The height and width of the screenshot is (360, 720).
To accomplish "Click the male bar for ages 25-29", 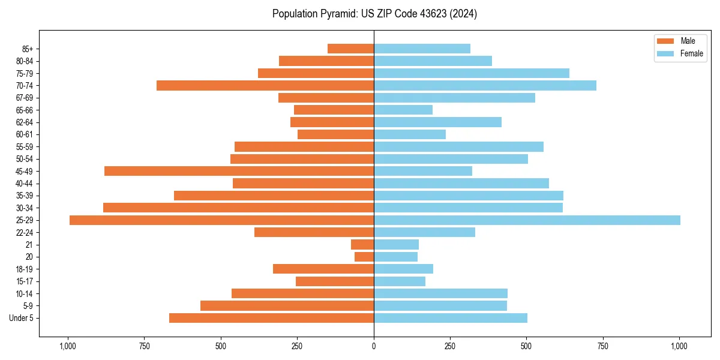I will tap(221, 220).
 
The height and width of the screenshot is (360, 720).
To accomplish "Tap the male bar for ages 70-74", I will tap(265, 86).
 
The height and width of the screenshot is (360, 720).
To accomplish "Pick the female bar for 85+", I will tap(422, 49).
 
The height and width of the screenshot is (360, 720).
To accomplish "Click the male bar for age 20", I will tap(364, 257).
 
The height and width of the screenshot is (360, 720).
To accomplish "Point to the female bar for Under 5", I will tap(451, 318).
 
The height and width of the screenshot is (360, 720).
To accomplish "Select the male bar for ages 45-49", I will tap(239, 171).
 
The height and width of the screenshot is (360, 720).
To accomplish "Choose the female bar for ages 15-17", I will tap(400, 281).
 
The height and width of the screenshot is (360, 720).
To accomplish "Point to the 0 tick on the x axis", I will tap(374, 346).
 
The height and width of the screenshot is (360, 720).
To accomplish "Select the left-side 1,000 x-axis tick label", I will tap(68, 346).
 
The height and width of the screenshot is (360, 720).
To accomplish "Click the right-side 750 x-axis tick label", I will tap(603, 346).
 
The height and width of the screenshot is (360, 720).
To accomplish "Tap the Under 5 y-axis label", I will tap(22, 318).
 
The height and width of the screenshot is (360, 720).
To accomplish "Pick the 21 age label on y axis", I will tap(29, 245).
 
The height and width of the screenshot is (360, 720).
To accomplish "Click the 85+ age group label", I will tap(27, 49).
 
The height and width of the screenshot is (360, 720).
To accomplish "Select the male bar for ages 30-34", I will tap(238, 208).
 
